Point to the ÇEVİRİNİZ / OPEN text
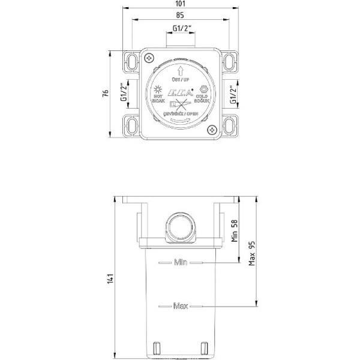click(181, 112)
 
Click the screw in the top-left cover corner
click(148, 58)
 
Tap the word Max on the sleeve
click(181, 306)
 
